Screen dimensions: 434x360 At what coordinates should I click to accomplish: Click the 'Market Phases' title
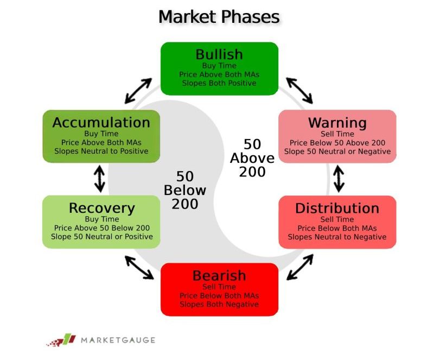pyautogui.click(x=219, y=17)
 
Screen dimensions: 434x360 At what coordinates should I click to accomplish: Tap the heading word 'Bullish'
pyautogui.click(x=219, y=54)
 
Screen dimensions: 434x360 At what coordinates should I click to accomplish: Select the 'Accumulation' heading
pyautogui.click(x=101, y=123)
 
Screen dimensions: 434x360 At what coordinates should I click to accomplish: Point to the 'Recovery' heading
pyautogui.click(x=102, y=208)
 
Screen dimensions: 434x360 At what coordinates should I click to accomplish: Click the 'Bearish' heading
pyautogui.click(x=219, y=275)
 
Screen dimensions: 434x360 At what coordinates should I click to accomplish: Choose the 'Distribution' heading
pyautogui.click(x=337, y=209)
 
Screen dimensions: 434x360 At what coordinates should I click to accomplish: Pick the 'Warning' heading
pyautogui.click(x=337, y=123)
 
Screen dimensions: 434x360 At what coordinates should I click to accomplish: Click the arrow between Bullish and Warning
pyautogui.click(x=299, y=91)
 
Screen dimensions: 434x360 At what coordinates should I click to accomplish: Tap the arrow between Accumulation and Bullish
pyautogui.click(x=138, y=91)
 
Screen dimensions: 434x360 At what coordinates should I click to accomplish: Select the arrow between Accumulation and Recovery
pyautogui.click(x=100, y=179)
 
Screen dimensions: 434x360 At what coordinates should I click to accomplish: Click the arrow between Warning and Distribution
pyautogui.click(x=339, y=179)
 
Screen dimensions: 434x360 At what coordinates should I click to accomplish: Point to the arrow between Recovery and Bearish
pyautogui.click(x=139, y=268)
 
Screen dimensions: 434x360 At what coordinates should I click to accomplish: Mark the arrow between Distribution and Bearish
pyautogui.click(x=300, y=267)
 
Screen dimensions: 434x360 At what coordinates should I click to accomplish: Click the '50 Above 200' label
pyautogui.click(x=252, y=158)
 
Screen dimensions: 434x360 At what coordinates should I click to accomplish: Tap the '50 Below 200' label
pyautogui.click(x=185, y=190)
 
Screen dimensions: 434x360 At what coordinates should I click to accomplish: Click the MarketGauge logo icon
pyautogui.click(x=61, y=340)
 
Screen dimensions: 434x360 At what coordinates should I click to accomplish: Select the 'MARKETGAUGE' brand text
pyautogui.click(x=118, y=340)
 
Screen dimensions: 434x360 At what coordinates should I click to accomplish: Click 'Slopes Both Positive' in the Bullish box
pyautogui.click(x=219, y=83)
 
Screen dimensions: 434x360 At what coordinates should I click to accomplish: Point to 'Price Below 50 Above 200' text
pyautogui.click(x=337, y=143)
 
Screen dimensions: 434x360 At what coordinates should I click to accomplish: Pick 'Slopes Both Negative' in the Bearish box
pyautogui.click(x=219, y=304)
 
